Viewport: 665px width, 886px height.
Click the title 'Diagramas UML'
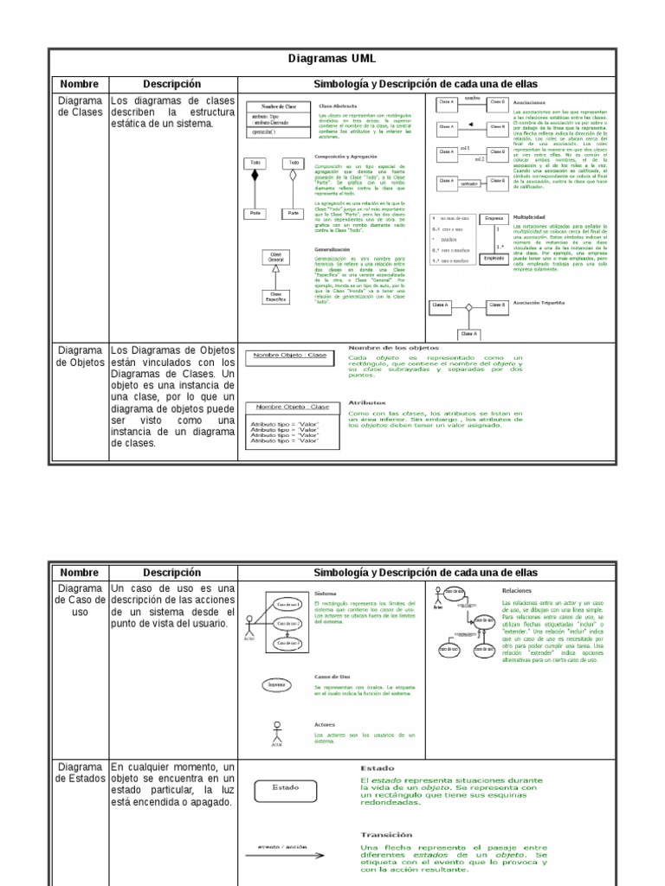(332, 58)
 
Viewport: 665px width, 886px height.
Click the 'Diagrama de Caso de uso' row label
(80, 600)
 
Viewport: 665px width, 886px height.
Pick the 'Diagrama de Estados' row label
(80, 773)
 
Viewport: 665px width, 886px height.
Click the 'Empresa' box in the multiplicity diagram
(494, 218)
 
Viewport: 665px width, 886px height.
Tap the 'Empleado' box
(494, 258)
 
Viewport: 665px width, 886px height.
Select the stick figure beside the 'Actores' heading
(277, 732)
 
